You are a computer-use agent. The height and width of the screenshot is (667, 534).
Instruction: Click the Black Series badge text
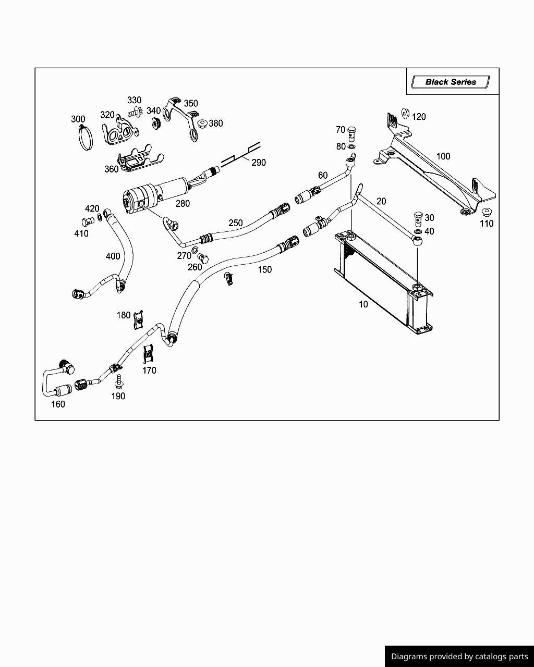pyautogui.click(x=451, y=82)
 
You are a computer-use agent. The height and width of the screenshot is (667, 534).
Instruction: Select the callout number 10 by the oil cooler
pyautogui.click(x=363, y=304)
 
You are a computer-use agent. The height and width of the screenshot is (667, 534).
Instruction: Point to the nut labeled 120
pyautogui.click(x=405, y=114)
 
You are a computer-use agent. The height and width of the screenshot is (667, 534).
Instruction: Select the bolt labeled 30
pyautogui.click(x=418, y=217)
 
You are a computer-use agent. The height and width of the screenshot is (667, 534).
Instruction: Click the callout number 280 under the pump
pyautogui.click(x=183, y=204)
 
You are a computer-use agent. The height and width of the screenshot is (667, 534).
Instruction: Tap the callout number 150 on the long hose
pyautogui.click(x=265, y=269)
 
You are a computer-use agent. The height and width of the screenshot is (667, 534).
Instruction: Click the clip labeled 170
pyautogui.click(x=149, y=354)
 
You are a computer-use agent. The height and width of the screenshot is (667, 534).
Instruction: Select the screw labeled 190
pyautogui.click(x=119, y=382)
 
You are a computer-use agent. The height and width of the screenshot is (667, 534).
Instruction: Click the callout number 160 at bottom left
pyautogui.click(x=58, y=404)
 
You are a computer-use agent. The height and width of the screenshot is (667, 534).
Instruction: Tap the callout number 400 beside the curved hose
pyautogui.click(x=113, y=256)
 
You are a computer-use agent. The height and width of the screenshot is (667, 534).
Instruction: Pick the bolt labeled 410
pyautogui.click(x=88, y=221)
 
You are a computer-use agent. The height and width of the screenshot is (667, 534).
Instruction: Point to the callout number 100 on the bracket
pyautogui.click(x=443, y=156)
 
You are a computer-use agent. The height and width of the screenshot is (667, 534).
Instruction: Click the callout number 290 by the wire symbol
pyautogui.click(x=259, y=163)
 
